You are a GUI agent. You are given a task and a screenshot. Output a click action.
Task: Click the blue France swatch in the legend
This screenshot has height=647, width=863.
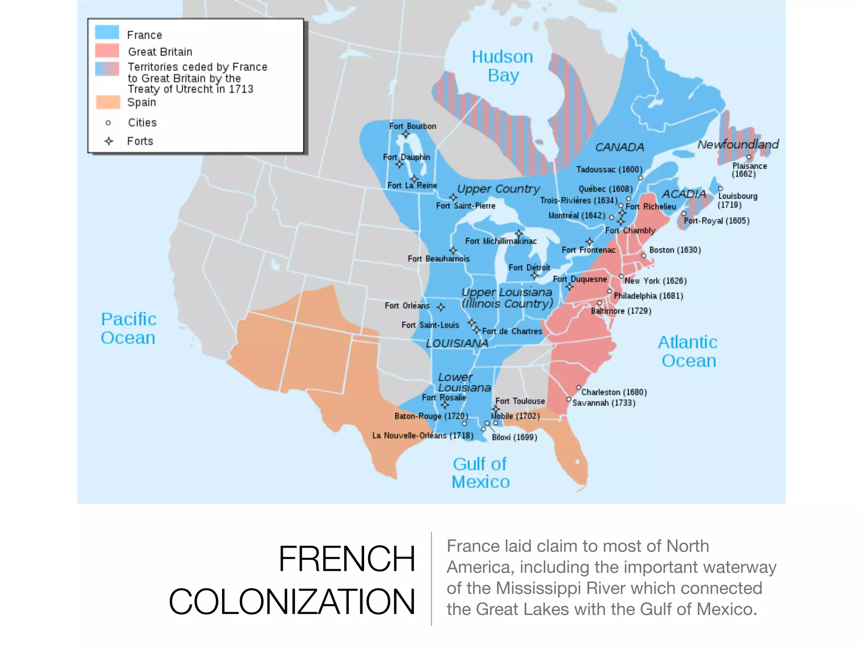107,32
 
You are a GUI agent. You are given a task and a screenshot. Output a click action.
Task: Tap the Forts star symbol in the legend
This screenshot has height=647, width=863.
109,141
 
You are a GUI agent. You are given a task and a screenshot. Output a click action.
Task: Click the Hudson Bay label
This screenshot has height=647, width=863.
502,66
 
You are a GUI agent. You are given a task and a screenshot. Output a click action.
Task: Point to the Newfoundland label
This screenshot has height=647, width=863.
738,144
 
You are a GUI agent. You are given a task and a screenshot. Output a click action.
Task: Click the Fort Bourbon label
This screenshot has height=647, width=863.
413,126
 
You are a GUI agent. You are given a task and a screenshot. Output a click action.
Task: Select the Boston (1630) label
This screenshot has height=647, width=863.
675,250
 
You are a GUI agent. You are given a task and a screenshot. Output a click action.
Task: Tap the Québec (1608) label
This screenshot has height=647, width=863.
606,189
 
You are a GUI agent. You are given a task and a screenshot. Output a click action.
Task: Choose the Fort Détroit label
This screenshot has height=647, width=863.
529,267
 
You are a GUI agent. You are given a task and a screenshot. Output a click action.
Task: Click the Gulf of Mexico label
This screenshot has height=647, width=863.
480,473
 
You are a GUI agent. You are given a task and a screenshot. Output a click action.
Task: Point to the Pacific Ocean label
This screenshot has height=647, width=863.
129,329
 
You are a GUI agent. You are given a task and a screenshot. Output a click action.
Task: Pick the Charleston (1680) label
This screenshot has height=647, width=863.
614,392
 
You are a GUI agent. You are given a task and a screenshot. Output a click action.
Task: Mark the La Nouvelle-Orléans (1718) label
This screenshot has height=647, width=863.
423,436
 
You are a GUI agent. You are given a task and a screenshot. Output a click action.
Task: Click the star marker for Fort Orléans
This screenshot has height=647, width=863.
441,307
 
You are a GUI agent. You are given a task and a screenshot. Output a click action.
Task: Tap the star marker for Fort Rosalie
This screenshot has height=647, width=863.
445,405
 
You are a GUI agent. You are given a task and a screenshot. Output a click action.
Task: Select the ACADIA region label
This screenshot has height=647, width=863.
683,194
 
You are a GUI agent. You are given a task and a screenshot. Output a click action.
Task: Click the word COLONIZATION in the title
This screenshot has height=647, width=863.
292,602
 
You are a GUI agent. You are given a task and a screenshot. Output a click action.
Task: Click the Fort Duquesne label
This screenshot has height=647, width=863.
580,279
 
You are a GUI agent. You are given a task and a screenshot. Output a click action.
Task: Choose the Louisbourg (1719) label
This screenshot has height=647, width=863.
737,201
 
